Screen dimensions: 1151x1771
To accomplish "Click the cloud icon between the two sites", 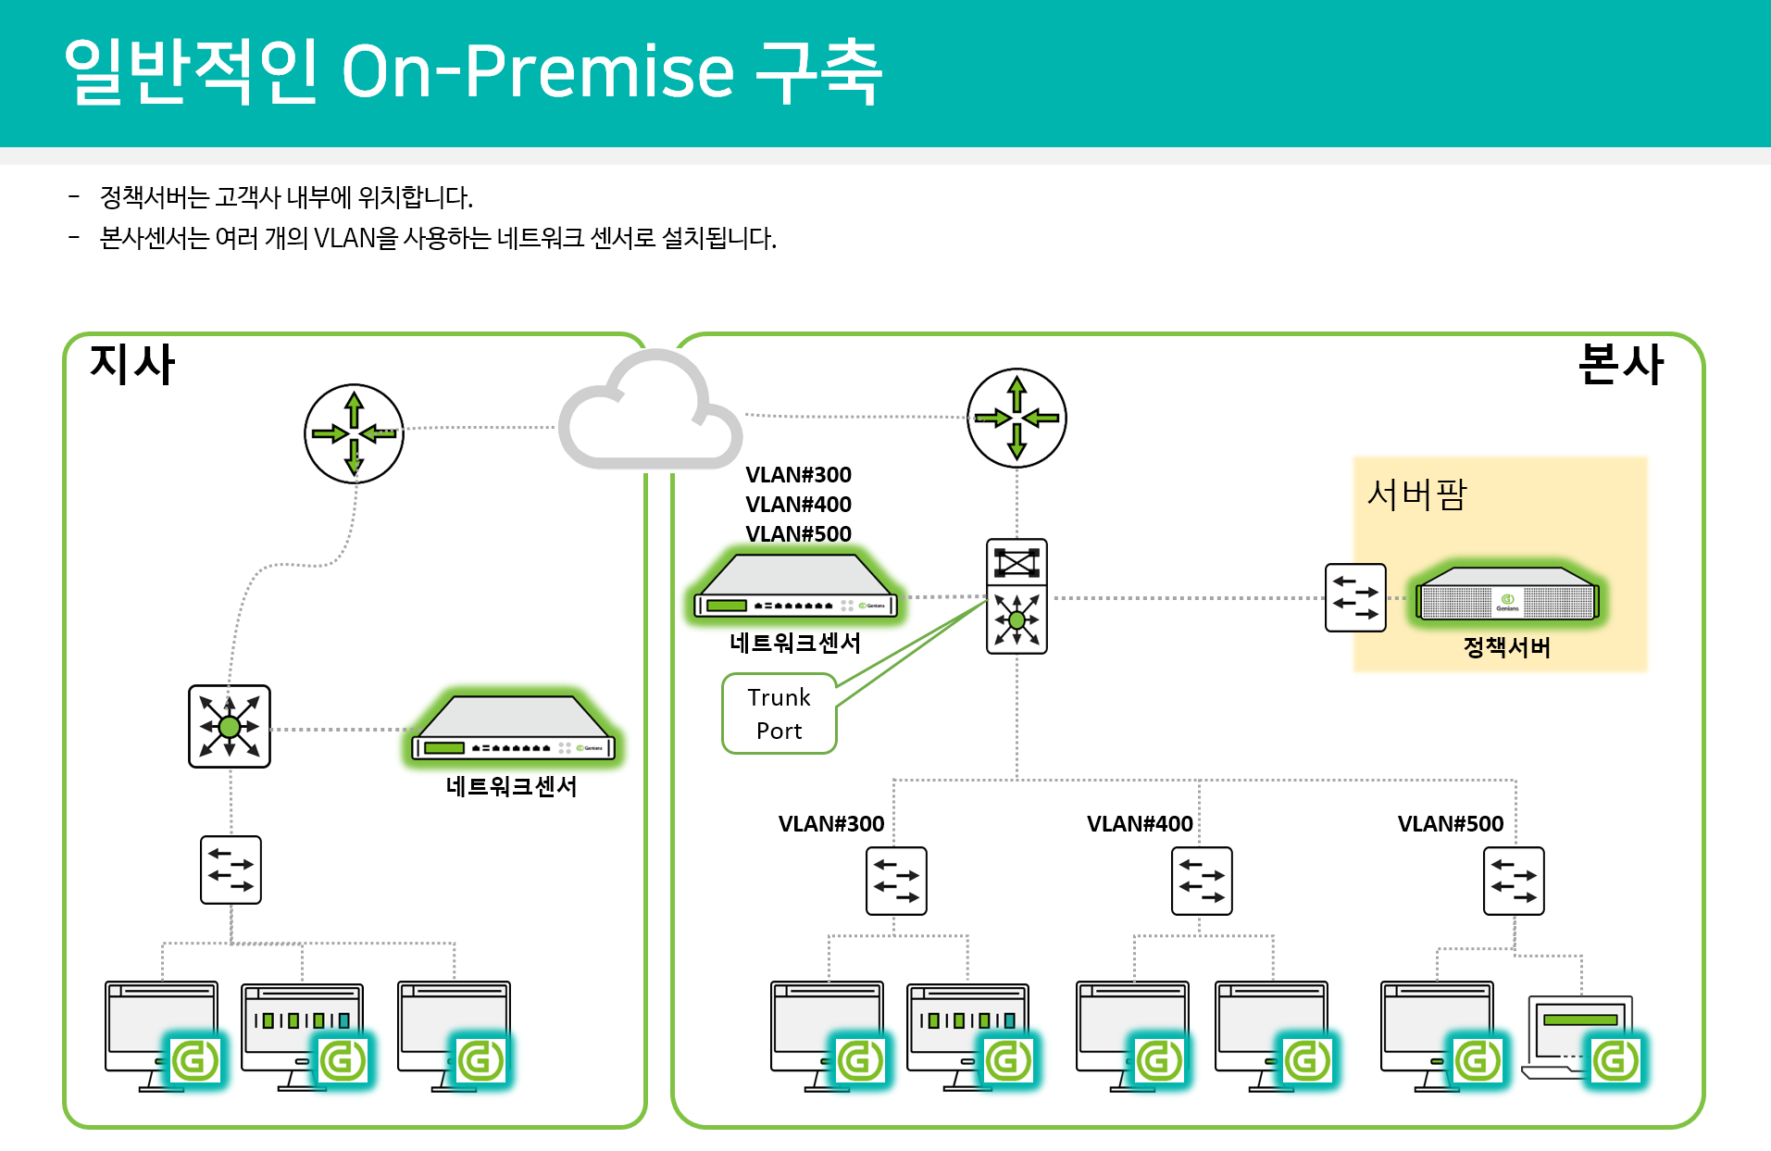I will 650,412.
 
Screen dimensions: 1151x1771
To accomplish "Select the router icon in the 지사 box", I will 354,433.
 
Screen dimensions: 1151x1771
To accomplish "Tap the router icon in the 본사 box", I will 1016,419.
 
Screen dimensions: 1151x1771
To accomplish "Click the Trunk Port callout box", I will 779,714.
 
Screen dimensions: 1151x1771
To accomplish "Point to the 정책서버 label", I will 1506,647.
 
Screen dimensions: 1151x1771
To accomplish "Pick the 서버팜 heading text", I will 1416,494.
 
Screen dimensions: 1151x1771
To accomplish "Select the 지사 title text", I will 132,364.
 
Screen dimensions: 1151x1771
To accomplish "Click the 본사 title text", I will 1620,364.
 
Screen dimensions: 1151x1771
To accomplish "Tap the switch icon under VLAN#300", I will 896,881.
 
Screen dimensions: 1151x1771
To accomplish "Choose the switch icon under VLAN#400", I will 1202,881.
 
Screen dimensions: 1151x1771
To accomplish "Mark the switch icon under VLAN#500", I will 1514,881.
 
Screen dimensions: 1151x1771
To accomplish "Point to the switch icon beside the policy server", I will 1355,598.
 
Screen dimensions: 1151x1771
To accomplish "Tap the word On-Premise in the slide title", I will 538,71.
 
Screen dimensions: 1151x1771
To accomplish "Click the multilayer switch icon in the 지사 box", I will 230,727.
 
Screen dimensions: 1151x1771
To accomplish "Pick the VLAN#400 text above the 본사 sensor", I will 798,505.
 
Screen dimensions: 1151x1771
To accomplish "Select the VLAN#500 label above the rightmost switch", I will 1450,824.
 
